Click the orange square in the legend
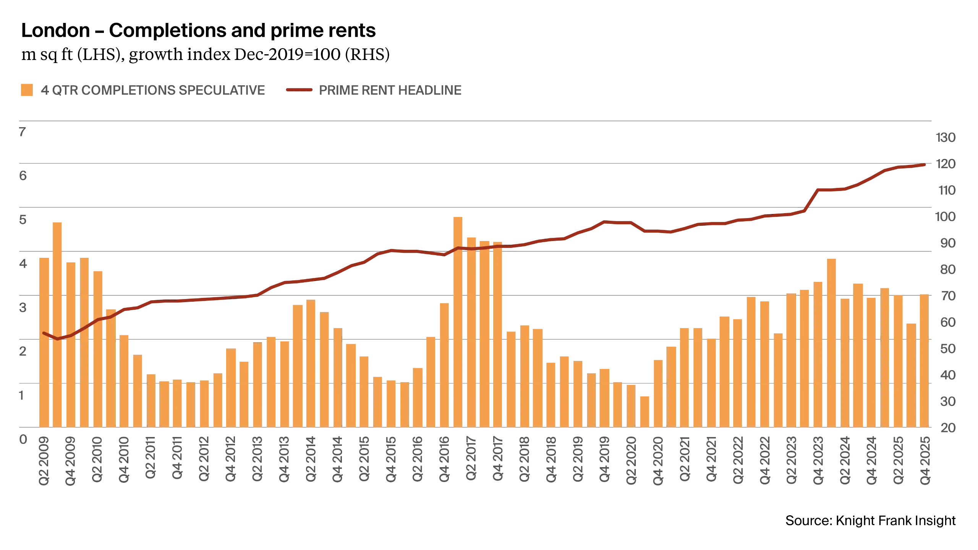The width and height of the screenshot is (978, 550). click(26, 90)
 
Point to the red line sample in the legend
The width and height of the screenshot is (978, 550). click(298, 89)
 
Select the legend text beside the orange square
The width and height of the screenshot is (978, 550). click(153, 89)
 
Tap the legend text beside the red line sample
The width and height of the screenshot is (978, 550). click(390, 89)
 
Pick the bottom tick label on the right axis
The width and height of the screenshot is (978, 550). click(945, 428)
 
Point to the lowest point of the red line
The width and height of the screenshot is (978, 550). click(58, 338)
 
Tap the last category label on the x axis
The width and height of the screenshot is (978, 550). click(925, 460)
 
